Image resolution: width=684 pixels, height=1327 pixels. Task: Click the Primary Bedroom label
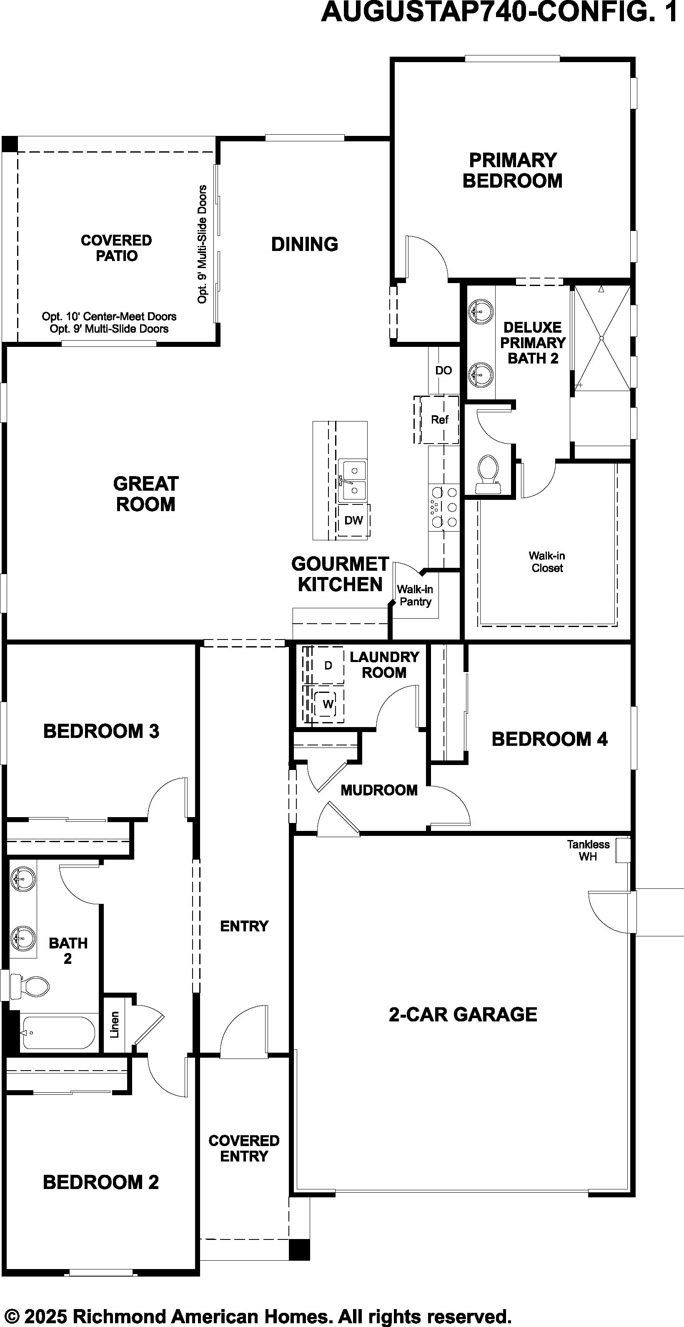click(513, 170)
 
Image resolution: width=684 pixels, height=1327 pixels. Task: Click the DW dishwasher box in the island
click(354, 520)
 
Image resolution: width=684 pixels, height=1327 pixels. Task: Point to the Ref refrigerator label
click(439, 420)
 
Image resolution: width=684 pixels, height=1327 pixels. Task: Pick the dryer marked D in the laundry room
click(327, 665)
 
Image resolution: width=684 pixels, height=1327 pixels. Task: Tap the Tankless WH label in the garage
click(588, 850)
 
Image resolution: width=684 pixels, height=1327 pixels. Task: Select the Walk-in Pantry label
click(415, 595)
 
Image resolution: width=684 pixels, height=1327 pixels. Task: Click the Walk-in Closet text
click(547, 562)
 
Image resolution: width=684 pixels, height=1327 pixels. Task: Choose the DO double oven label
click(443, 370)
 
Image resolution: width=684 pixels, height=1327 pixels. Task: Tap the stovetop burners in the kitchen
click(443, 507)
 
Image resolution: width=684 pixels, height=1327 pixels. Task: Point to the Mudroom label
click(379, 790)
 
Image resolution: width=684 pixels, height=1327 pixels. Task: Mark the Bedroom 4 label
click(549, 739)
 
